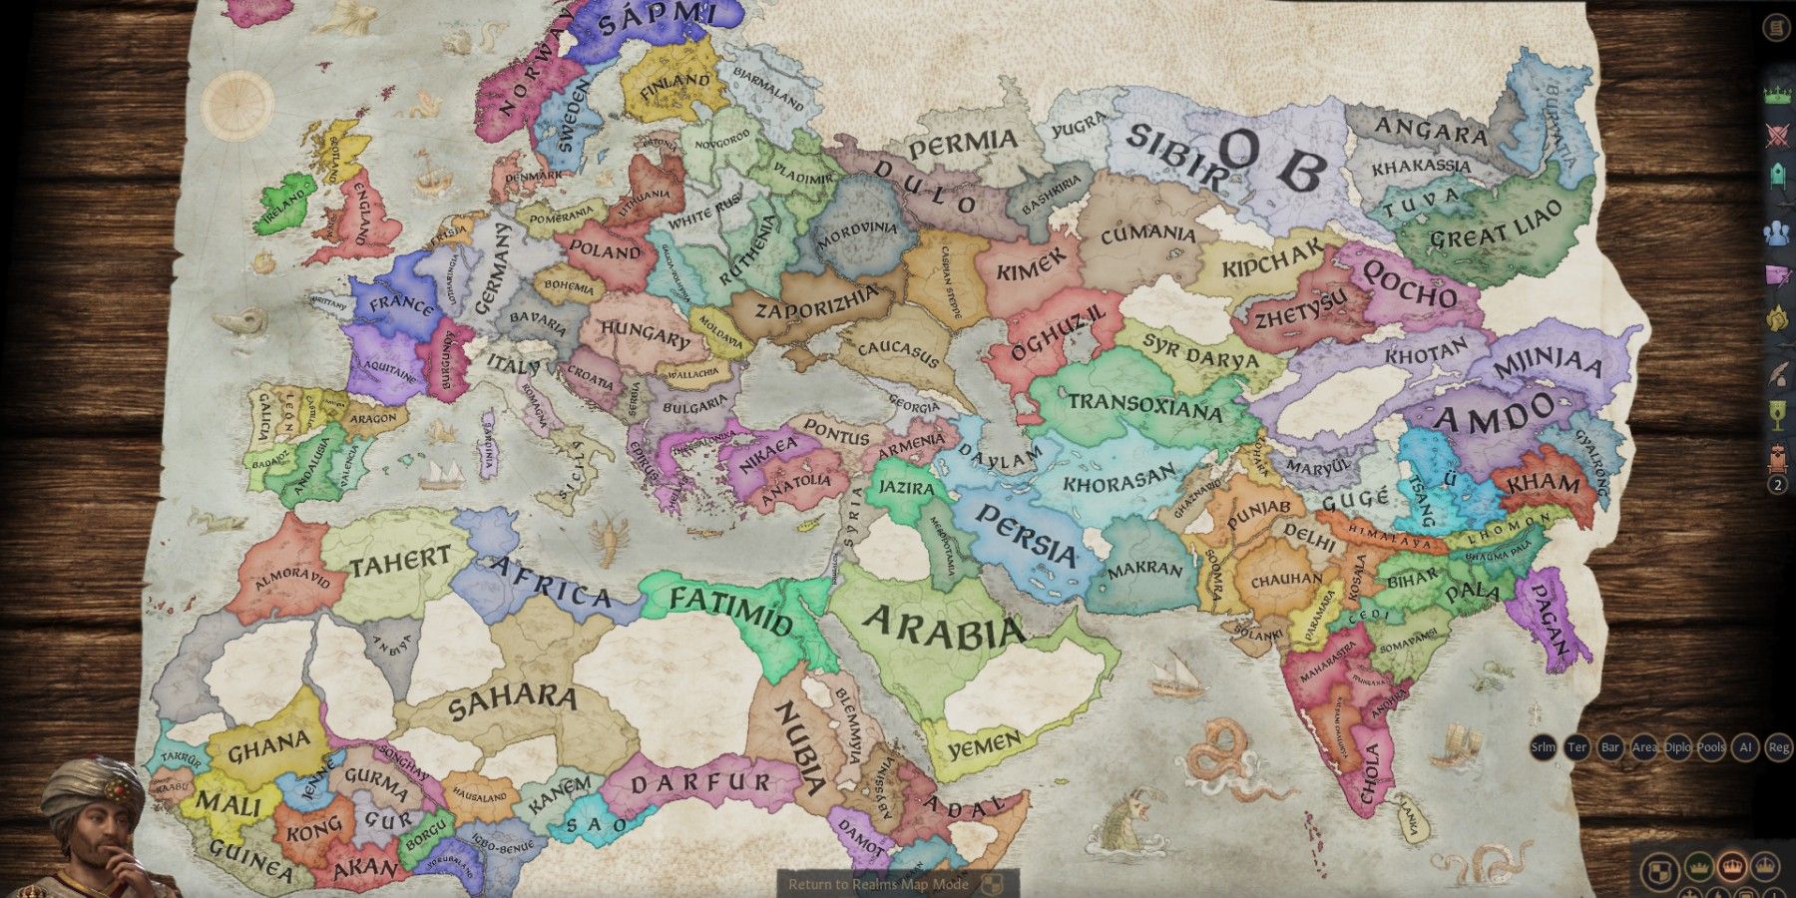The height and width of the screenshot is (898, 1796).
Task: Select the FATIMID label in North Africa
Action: (730, 611)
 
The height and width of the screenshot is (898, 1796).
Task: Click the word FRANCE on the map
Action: (402, 301)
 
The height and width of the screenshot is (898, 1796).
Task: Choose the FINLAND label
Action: (675, 87)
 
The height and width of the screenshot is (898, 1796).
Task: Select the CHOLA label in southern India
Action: (1370, 772)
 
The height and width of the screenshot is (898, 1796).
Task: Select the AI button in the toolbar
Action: (1744, 747)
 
